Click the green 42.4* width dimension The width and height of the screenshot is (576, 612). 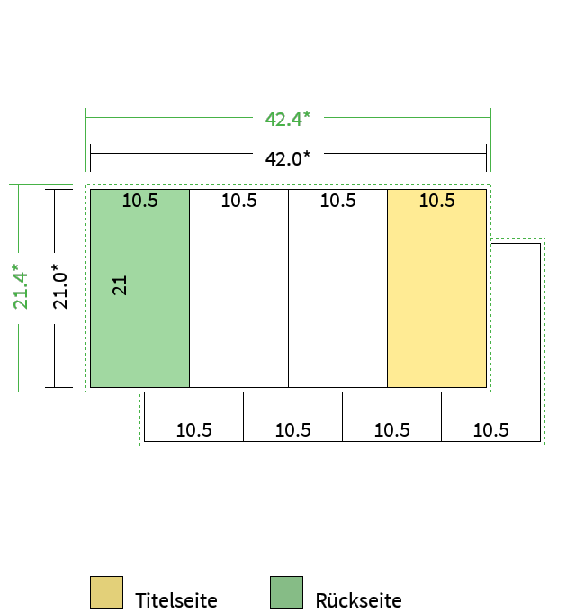pyautogui.click(x=288, y=119)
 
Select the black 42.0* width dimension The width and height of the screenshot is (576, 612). pyautogui.click(x=288, y=158)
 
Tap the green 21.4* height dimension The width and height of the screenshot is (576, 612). pyautogui.click(x=21, y=286)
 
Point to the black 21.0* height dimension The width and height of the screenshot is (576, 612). pyautogui.click(x=60, y=286)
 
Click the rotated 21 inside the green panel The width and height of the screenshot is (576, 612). pyautogui.click(x=120, y=285)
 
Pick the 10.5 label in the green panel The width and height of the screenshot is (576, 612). pyautogui.click(x=140, y=201)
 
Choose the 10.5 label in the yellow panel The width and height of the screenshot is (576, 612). pyautogui.click(x=437, y=201)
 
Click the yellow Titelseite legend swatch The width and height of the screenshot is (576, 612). pyautogui.click(x=106, y=592)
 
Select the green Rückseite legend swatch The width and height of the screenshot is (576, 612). pyautogui.click(x=286, y=592)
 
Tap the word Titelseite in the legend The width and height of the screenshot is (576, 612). pyautogui.click(x=176, y=600)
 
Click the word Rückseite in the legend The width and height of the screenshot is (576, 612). pyautogui.click(x=358, y=600)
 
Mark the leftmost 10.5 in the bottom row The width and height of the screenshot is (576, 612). pyautogui.click(x=194, y=430)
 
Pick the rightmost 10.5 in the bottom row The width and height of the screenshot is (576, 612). pyautogui.click(x=490, y=430)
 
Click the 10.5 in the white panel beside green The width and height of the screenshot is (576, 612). pyautogui.click(x=239, y=201)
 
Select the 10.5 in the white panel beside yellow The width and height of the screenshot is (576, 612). pyautogui.click(x=338, y=201)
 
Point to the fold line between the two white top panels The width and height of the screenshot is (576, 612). pyautogui.click(x=288, y=288)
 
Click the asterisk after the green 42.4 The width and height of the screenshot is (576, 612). pyautogui.click(x=306, y=114)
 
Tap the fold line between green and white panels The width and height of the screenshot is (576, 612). pyautogui.click(x=189, y=288)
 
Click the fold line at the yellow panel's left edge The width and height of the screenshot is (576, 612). pyautogui.click(x=388, y=288)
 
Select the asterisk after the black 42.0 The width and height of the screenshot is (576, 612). pyautogui.click(x=306, y=154)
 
